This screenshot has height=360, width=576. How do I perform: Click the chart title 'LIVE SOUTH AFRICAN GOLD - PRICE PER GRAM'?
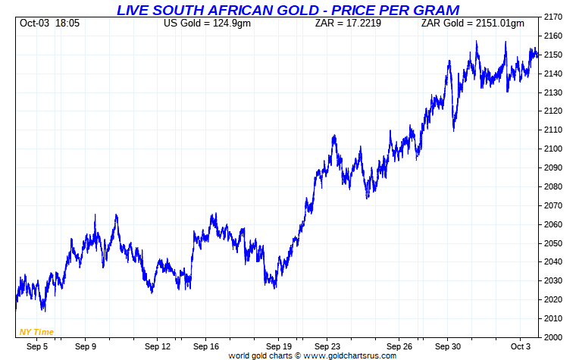pyautogui.click(x=287, y=10)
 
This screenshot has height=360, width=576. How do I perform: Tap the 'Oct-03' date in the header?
pyautogui.click(x=33, y=23)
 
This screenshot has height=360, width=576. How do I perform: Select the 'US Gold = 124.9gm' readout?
pyautogui.click(x=207, y=23)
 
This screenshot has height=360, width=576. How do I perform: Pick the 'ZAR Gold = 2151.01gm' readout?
pyautogui.click(x=472, y=23)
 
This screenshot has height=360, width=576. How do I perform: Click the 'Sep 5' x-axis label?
pyautogui.click(x=38, y=346)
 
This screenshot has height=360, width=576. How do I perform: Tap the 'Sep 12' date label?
pyautogui.click(x=158, y=346)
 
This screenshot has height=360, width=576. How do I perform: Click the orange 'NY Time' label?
pyautogui.click(x=36, y=332)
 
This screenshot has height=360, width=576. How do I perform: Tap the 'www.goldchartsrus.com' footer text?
pyautogui.click(x=350, y=355)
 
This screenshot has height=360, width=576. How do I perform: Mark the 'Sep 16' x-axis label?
pyautogui.click(x=206, y=346)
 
